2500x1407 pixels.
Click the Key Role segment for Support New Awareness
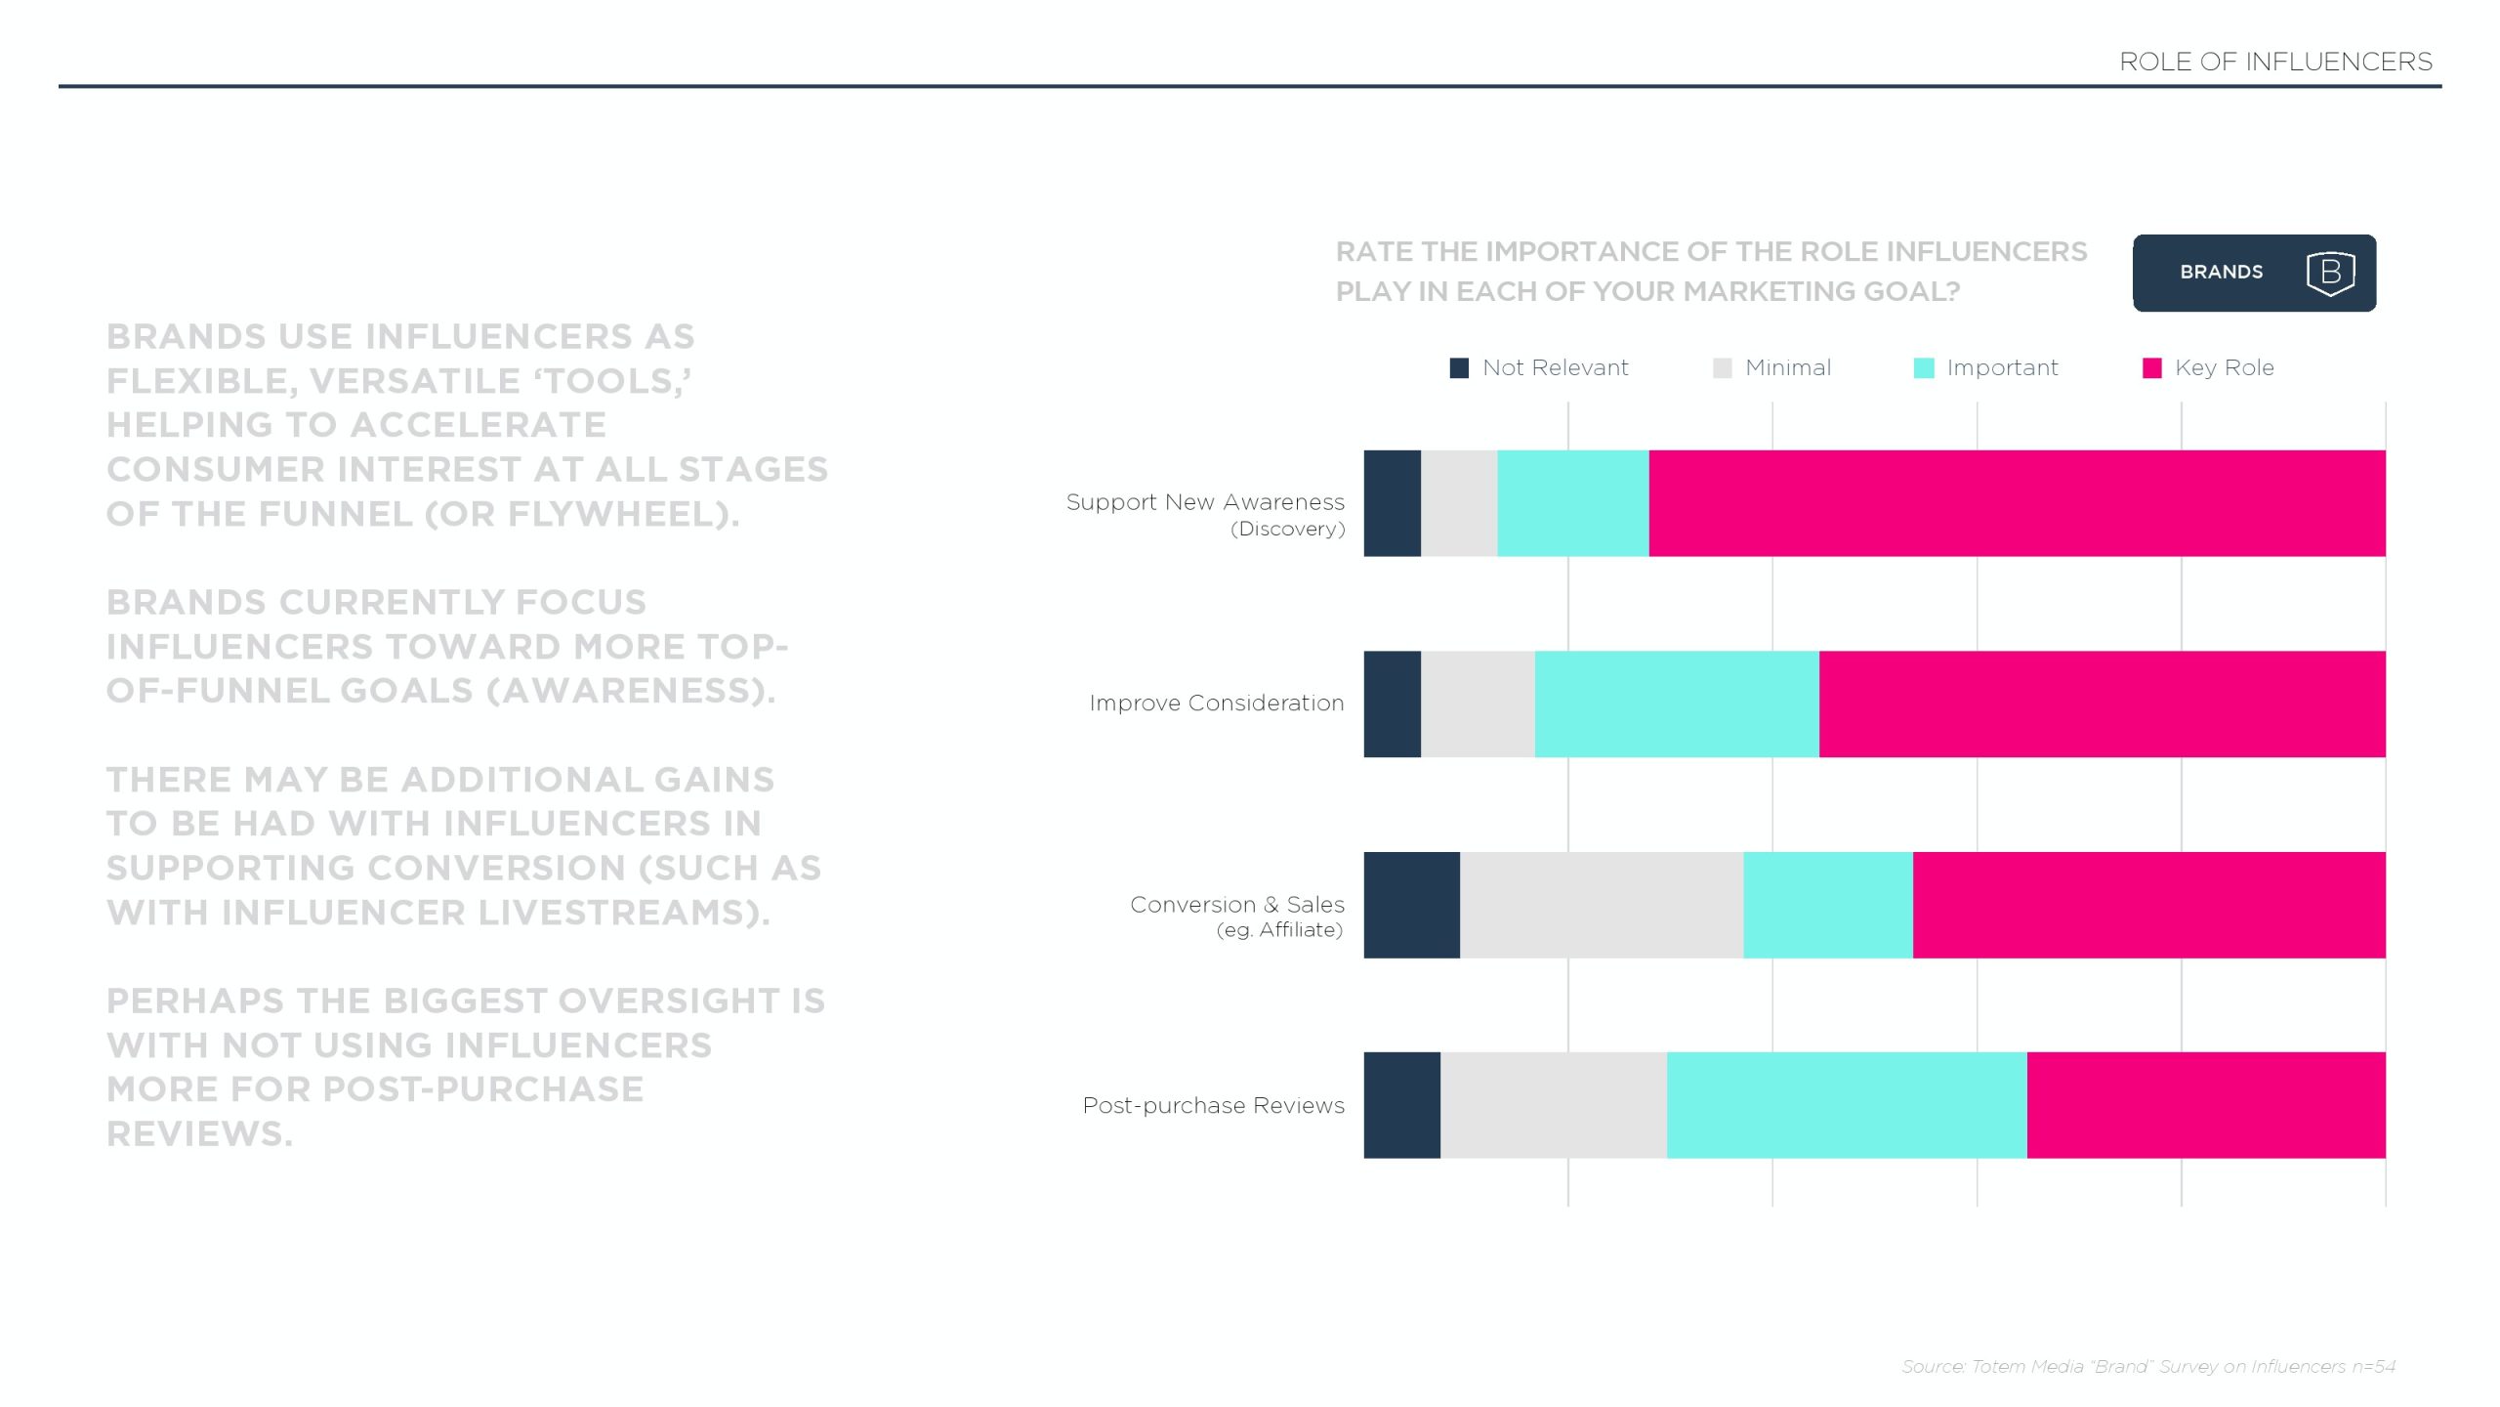(2017, 503)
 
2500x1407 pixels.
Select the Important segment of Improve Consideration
(1677, 703)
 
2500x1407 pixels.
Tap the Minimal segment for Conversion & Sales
(1602, 905)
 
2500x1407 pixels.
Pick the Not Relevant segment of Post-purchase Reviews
(1401, 1105)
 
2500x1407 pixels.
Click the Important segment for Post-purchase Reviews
(1846, 1105)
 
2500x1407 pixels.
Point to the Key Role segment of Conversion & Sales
(2148, 905)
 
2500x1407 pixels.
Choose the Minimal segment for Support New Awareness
(1459, 503)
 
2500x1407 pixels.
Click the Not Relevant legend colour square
(1459, 367)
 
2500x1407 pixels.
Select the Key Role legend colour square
(2151, 367)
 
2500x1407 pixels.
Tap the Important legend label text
(2002, 367)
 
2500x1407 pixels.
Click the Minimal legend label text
(1787, 367)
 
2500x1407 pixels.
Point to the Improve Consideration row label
(1216, 703)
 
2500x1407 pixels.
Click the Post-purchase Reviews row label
(1213, 1105)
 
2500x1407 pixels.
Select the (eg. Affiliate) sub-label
(1279, 930)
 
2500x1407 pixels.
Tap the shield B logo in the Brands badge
(2330, 273)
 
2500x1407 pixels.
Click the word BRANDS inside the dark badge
(2221, 273)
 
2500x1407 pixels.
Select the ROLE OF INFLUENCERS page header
(2275, 62)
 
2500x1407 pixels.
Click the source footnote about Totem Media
(2148, 1366)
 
